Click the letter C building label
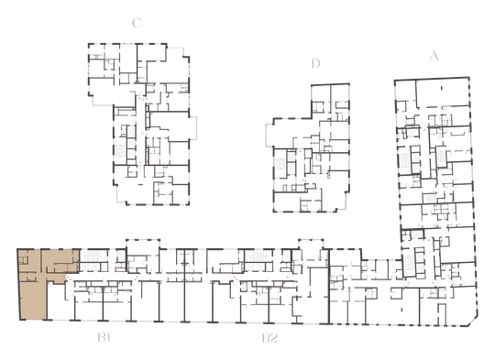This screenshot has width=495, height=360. click(137, 23)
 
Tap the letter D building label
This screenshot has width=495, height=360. click(315, 63)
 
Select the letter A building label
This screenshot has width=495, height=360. click(434, 56)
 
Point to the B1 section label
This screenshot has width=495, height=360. click(104, 338)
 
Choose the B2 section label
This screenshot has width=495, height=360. click(269, 338)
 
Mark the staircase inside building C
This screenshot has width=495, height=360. click(121, 151)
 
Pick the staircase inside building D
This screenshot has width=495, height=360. click(280, 165)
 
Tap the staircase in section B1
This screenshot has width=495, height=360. click(93, 256)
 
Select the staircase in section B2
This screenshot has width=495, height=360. click(257, 256)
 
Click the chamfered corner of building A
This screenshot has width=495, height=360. click(473, 321)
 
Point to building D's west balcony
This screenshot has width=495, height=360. click(269, 135)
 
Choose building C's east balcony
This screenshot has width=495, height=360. click(192, 127)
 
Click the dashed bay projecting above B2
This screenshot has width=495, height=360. click(311, 245)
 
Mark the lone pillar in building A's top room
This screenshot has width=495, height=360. click(441, 88)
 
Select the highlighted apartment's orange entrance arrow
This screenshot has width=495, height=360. click(68, 278)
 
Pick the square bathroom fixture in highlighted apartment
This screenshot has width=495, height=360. click(24, 260)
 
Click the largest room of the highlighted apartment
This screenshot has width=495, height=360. click(33, 300)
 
